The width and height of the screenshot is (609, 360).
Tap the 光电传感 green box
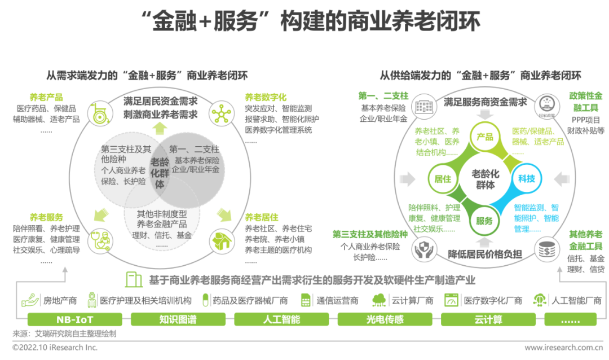click(385, 320)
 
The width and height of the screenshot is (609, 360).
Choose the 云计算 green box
click(488, 320)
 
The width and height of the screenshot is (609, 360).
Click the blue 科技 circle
click(526, 178)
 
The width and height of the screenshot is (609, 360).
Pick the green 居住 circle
click(442, 179)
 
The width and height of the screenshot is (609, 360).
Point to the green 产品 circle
click(484, 137)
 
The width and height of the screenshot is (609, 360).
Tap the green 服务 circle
click(484, 221)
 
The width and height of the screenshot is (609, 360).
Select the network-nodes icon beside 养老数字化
click(222, 113)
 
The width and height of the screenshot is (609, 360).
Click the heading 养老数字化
click(265, 97)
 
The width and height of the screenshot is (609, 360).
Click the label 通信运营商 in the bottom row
click(337, 300)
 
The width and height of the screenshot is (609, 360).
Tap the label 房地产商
click(60, 300)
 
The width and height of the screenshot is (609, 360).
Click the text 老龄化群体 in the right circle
click(484, 179)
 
